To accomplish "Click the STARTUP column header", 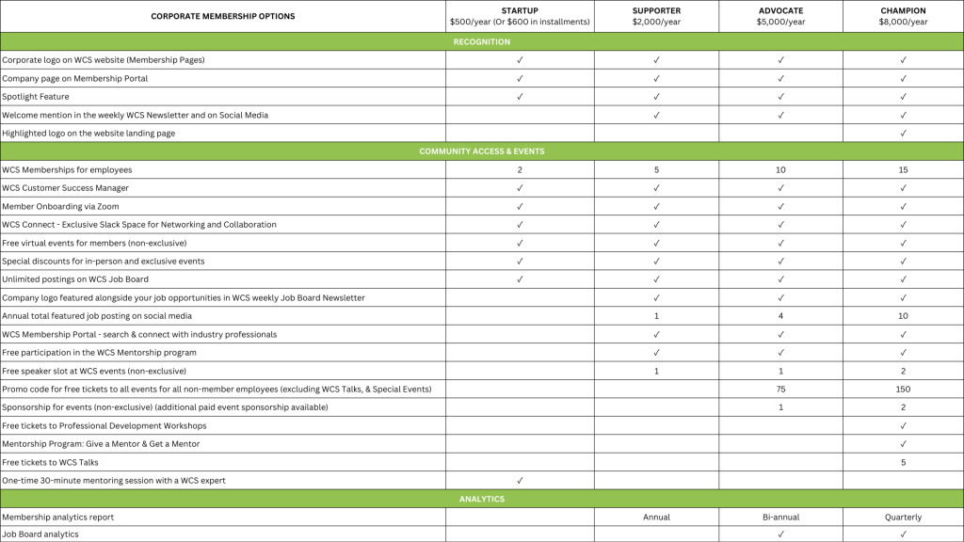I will (520, 10).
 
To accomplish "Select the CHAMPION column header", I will (903, 10).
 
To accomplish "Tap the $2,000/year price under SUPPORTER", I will (656, 22).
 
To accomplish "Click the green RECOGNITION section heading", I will (482, 41).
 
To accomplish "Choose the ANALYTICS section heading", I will (482, 499).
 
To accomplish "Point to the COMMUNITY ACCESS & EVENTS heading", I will (482, 151).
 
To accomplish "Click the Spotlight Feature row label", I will (36, 97).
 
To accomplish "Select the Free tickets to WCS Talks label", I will (50, 462).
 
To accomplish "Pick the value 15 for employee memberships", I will (903, 170).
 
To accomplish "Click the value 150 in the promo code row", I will (903, 389).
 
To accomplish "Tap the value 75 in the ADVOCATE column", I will (780, 389).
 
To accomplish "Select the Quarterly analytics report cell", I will (903, 517).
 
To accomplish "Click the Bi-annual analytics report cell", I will (780, 517).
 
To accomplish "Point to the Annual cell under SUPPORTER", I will (656, 517).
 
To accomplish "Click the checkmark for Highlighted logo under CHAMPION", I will (903, 134).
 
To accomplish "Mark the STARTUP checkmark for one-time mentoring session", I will (520, 480).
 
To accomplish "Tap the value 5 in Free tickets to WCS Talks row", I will (903, 462).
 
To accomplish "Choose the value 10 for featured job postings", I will (903, 316).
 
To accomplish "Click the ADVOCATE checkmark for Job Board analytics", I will (780, 534).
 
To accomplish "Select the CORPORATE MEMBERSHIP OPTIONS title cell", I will (223, 16).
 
